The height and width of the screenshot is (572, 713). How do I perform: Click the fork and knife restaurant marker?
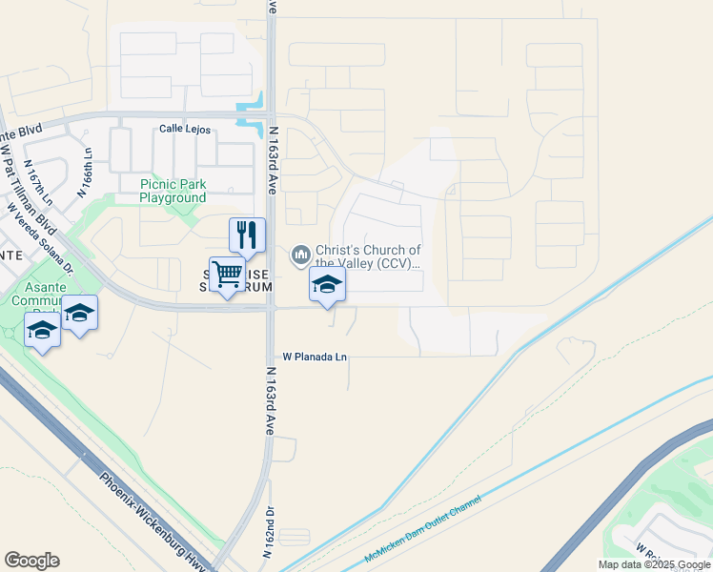pyautogui.click(x=247, y=235)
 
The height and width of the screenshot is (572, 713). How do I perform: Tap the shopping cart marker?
pyautogui.click(x=228, y=275)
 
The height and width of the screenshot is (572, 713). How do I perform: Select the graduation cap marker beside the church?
pyautogui.click(x=327, y=284)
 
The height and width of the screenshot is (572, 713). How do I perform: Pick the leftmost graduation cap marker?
pyautogui.click(x=43, y=330)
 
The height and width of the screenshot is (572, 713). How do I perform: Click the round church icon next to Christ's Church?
pyautogui.click(x=301, y=254)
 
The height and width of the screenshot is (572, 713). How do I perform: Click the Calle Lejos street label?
pyautogui.click(x=184, y=129)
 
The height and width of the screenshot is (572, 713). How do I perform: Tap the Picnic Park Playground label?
pyautogui.click(x=173, y=191)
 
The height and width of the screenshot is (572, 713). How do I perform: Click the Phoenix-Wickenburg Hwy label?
pyautogui.click(x=153, y=521)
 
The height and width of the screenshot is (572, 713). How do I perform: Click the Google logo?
pyautogui.click(x=31, y=561)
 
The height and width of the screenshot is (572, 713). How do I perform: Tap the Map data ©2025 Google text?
pyautogui.click(x=654, y=565)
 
